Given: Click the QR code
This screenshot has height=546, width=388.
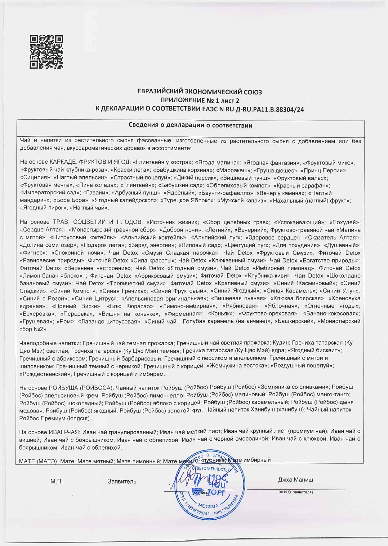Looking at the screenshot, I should (x=46, y=52).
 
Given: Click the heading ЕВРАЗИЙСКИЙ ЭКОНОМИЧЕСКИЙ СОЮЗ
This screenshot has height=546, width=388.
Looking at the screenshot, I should (x=200, y=92).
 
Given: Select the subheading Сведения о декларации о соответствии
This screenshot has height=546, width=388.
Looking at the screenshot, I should (x=190, y=125).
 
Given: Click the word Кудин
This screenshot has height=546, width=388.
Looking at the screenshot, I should (x=280, y=343).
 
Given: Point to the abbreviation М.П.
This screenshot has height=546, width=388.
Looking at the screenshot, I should (x=56, y=481).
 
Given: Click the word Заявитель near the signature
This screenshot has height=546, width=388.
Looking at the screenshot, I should (x=122, y=481).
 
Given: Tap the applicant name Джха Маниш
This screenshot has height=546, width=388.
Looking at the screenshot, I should (x=296, y=480).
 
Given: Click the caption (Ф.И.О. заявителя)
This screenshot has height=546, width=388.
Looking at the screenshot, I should (x=296, y=492).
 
